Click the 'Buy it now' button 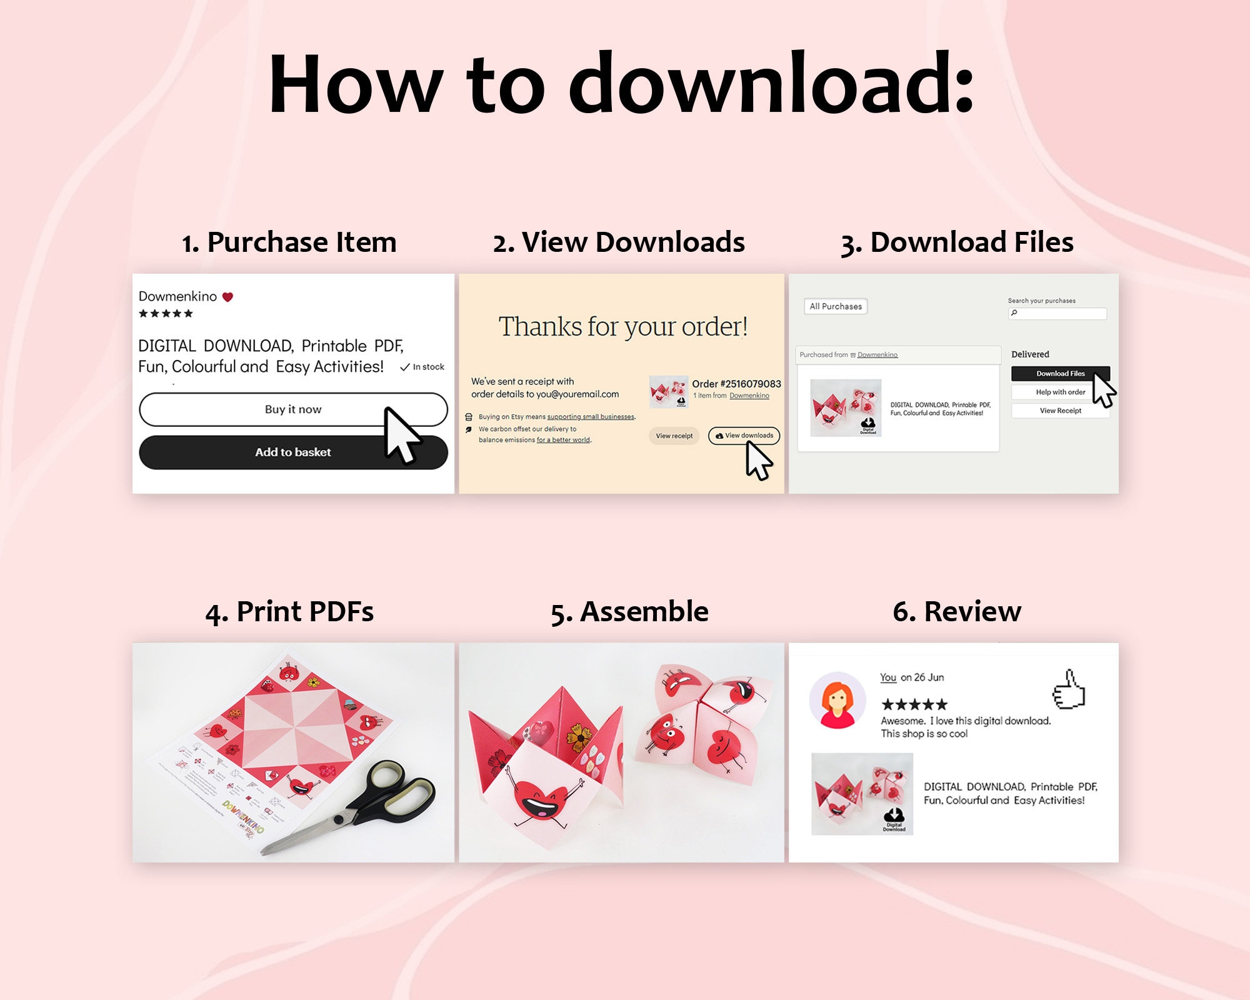point(292,409)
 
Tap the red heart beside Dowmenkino point(227,297)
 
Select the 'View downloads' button point(744,436)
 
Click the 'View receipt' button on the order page point(674,436)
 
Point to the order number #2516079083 point(736,384)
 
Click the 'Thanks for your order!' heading point(622,326)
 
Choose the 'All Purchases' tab point(836,306)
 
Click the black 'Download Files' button point(1060,374)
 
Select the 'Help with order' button point(1060,392)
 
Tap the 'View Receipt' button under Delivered point(1060,411)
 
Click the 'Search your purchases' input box point(1057,313)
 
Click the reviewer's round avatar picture point(837,701)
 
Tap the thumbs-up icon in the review point(1069,691)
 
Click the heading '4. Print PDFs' point(289,611)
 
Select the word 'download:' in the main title point(771,84)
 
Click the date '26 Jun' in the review point(928,677)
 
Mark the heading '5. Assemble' point(629,611)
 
